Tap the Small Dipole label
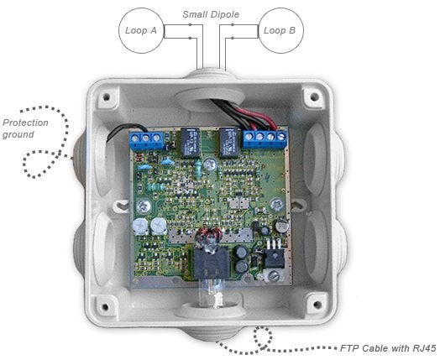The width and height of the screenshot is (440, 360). point(211,14)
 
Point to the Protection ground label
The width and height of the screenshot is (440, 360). point(25,128)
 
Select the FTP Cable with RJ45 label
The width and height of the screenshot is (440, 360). point(388,348)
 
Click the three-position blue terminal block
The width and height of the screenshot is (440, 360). point(146,140)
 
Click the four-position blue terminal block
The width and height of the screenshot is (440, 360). point(265,138)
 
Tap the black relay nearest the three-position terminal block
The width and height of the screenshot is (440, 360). point(191,142)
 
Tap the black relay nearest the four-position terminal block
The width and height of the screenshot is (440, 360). point(228,142)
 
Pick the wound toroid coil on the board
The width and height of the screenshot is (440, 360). point(208,237)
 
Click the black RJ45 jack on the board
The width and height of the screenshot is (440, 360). point(211,263)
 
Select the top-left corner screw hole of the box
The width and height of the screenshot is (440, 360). point(107,97)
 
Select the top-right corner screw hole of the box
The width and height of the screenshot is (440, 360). point(315,97)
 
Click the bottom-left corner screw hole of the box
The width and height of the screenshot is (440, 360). point(105,307)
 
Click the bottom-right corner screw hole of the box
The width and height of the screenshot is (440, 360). point(317,305)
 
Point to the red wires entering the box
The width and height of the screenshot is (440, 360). point(255,117)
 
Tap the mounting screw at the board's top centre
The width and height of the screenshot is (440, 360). point(210,164)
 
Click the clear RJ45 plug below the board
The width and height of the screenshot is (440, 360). point(211,291)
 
